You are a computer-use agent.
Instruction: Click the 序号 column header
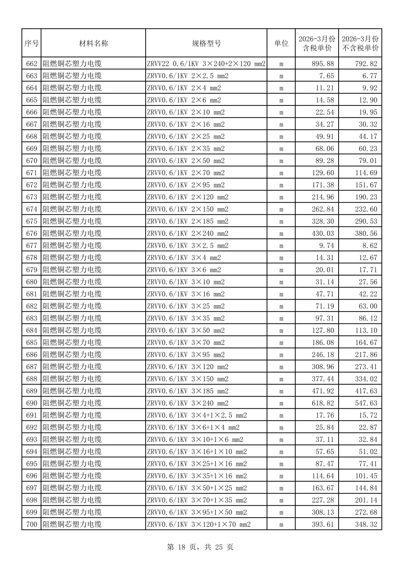(x=32, y=43)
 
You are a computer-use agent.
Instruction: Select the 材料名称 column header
(x=94, y=43)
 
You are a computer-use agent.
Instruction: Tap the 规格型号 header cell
(x=206, y=43)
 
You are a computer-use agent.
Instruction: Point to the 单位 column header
(x=281, y=43)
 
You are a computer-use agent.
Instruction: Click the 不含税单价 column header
(x=360, y=43)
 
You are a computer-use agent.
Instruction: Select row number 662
(x=32, y=63)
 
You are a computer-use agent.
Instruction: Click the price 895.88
(x=323, y=63)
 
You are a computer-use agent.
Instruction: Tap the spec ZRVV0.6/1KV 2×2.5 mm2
(x=188, y=76)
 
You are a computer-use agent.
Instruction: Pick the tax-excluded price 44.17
(x=368, y=136)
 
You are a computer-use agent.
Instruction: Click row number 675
(x=32, y=221)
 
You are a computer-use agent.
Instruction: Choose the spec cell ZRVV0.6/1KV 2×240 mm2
(x=188, y=234)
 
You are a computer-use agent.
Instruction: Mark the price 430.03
(x=323, y=234)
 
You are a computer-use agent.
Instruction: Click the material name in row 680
(x=72, y=282)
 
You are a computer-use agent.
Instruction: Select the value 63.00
(x=368, y=306)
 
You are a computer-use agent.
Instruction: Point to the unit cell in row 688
(x=281, y=379)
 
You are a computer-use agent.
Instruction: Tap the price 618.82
(x=323, y=403)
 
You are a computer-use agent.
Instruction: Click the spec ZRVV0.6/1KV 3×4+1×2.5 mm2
(x=197, y=415)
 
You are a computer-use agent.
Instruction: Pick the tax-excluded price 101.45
(x=366, y=476)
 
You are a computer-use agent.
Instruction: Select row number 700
(x=32, y=524)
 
